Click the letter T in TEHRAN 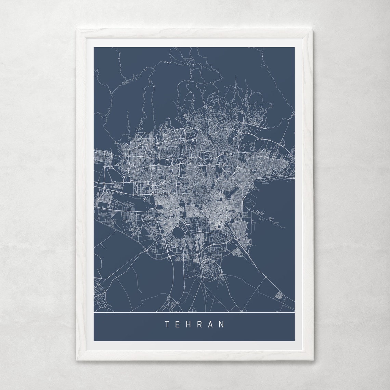pos(167,324)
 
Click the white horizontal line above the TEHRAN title pos(194,313)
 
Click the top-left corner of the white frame pos(77,30)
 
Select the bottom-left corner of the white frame pos(77,360)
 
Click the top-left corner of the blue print pos(94,48)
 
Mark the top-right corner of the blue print pos(294,48)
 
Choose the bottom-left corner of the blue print pos(94,341)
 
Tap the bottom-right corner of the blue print pos(294,341)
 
